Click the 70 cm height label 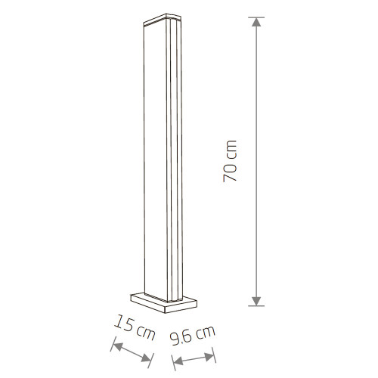(231, 161)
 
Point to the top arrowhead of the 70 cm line (257, 24)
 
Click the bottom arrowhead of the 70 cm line (257, 300)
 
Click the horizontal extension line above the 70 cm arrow (257, 18)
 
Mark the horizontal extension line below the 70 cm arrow (257, 307)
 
